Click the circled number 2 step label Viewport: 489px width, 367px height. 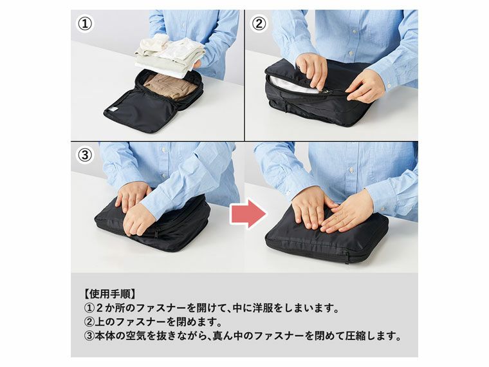click(259, 24)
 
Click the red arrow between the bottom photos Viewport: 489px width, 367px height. click(248, 213)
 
